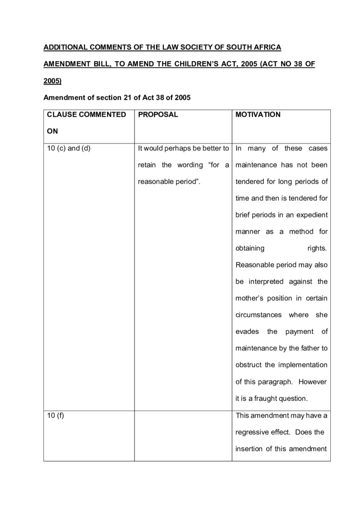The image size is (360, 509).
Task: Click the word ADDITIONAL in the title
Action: coord(66,47)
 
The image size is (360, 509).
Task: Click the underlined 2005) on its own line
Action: coord(52,81)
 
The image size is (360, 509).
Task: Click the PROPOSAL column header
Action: coord(158,115)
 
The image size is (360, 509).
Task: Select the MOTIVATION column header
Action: coord(258,115)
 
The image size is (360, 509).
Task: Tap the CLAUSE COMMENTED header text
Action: coord(86,115)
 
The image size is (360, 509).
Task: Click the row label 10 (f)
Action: coord(56,416)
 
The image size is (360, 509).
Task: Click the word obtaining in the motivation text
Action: coord(250,248)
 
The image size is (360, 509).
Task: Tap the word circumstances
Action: coord(259,315)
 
